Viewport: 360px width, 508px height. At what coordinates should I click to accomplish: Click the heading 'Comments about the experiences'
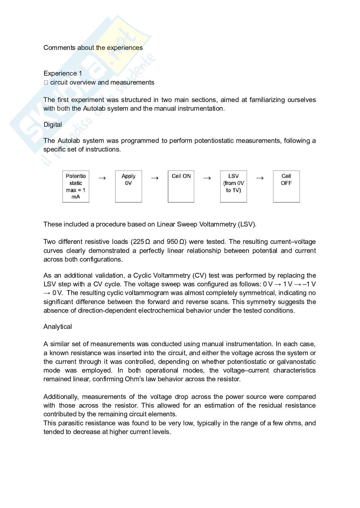point(93,48)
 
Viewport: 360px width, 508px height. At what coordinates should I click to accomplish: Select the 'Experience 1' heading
point(63,73)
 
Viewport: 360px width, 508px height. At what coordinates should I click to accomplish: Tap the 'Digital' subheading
point(53,125)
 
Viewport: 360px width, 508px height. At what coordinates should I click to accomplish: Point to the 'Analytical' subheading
point(58,327)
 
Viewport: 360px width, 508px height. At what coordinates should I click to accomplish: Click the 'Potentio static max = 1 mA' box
point(76,187)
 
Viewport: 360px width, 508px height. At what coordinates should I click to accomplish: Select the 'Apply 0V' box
point(128,187)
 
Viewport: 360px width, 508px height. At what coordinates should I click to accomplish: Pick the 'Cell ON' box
point(181,187)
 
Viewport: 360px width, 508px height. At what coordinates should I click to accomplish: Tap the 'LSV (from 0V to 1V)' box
point(233,187)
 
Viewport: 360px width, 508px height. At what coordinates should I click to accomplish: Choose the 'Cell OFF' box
point(286,187)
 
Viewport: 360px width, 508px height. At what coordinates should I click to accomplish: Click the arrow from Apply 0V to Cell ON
point(155,178)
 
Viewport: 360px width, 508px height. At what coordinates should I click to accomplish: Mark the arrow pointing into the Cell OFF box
point(260,178)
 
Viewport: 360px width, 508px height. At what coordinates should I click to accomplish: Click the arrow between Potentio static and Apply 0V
point(102,178)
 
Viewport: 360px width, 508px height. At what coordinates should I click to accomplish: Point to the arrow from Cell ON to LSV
point(207,178)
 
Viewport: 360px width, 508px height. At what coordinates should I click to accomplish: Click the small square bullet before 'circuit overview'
point(46,83)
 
